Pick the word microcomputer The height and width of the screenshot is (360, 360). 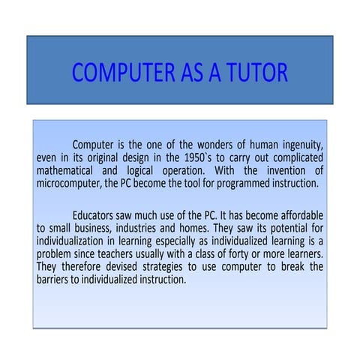coord(69,183)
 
